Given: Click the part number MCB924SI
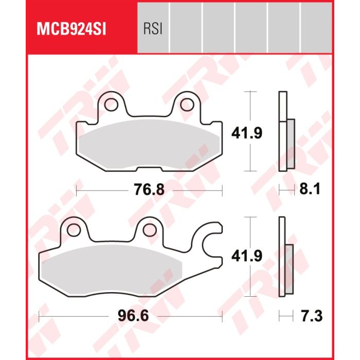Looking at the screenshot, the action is (x=71, y=29).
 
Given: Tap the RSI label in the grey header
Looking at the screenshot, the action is (x=153, y=29).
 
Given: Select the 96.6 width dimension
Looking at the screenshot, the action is (x=133, y=316).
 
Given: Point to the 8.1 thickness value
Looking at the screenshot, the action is (x=310, y=190).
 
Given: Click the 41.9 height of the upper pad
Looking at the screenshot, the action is (x=246, y=133).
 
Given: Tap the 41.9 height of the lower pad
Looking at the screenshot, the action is (x=246, y=256).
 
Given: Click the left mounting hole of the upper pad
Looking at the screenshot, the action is (x=111, y=105).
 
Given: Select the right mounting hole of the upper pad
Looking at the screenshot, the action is (x=187, y=105).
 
